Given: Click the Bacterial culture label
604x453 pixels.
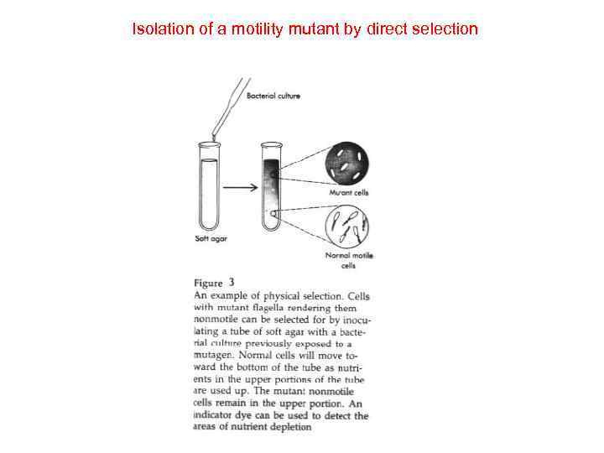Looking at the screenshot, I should [273, 96].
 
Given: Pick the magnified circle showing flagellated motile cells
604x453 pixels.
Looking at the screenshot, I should [347, 224].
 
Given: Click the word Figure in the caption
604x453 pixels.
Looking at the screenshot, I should [209, 284].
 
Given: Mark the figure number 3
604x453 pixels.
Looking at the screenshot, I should [232, 283].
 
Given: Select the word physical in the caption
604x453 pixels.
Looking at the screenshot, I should [281, 296].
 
